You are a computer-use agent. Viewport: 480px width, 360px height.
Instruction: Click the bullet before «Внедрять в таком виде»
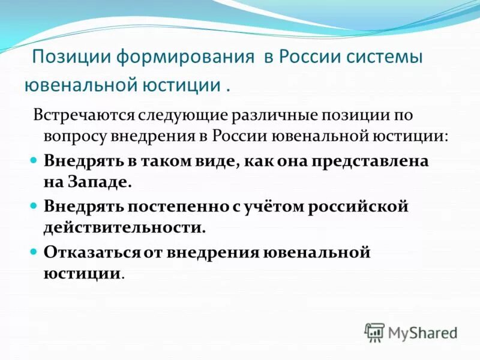pyautogui.click(x=34, y=161)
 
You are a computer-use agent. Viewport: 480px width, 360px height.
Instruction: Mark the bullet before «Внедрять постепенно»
pyautogui.click(x=34, y=206)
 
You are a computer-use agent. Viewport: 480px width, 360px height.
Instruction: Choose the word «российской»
pyautogui.click(x=359, y=206)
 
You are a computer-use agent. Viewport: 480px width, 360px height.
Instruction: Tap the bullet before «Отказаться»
pyautogui.click(x=34, y=251)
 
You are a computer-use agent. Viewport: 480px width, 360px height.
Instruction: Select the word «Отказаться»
pyautogui.click(x=92, y=251)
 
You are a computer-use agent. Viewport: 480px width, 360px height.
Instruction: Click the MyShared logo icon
pyautogui.click(x=374, y=332)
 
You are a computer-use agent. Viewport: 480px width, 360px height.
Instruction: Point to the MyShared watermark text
pyautogui.click(x=424, y=332)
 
